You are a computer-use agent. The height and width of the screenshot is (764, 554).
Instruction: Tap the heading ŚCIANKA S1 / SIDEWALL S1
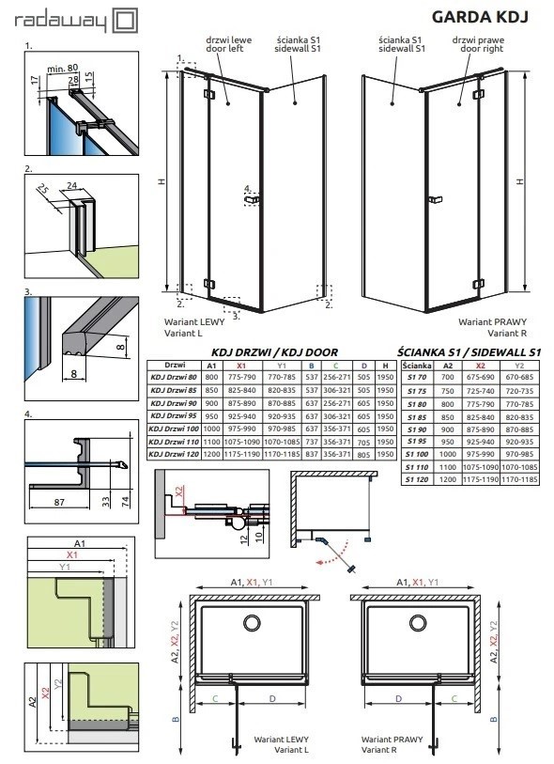tap(469, 350)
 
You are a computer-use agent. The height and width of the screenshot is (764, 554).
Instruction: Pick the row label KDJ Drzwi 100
tap(175, 428)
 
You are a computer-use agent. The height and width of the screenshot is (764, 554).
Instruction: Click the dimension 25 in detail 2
tap(43, 196)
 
